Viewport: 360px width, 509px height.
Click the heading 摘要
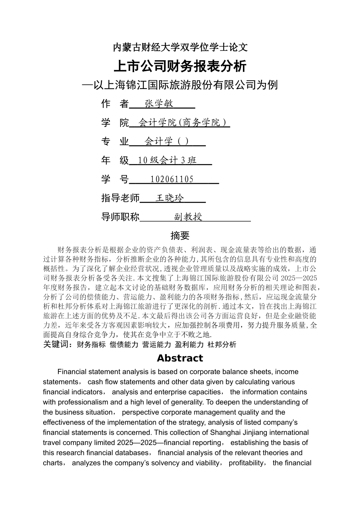click(180, 236)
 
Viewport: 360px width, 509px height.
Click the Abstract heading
click(180, 358)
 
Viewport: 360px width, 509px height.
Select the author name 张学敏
click(159, 104)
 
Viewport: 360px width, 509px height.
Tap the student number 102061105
click(172, 180)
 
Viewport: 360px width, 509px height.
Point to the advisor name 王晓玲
click(169, 198)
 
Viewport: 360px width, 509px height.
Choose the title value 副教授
click(188, 217)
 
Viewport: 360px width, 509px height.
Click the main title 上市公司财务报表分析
click(180, 66)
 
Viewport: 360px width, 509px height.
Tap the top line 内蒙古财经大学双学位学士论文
click(180, 47)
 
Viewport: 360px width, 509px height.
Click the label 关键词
click(57, 344)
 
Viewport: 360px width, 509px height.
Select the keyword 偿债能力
click(124, 344)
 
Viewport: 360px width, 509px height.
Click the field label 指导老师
click(120, 198)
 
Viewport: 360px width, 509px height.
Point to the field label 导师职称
click(120, 217)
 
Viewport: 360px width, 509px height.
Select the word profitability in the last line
click(246, 463)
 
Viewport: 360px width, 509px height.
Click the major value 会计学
click(159, 142)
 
